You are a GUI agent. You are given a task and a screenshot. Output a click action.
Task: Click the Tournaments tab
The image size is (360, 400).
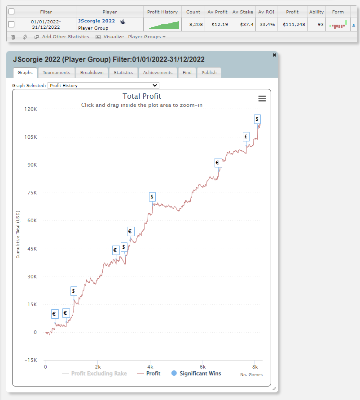(x=56, y=73)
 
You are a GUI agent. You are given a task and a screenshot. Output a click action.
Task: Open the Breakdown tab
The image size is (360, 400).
(x=92, y=73)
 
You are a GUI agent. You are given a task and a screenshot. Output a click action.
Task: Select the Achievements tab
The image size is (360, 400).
(x=158, y=73)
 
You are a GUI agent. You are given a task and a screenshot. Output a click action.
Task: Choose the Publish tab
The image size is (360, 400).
(x=209, y=73)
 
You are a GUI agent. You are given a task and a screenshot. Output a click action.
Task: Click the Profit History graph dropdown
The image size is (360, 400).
(x=103, y=85)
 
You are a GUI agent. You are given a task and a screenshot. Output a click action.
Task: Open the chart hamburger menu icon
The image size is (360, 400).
(x=262, y=99)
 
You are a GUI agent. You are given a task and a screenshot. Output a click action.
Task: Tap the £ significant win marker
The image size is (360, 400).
(x=246, y=137)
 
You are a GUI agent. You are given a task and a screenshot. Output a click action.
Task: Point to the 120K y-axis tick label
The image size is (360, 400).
(x=31, y=109)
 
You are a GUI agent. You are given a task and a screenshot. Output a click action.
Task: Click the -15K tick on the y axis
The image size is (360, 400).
(x=31, y=360)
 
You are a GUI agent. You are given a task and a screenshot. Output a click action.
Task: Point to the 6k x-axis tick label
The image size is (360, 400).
(x=202, y=367)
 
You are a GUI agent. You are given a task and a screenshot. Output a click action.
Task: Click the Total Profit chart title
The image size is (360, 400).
(x=142, y=96)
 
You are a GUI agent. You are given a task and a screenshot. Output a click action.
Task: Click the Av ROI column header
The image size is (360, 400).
(x=266, y=12)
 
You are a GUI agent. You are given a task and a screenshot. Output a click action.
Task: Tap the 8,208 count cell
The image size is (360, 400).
(x=193, y=24)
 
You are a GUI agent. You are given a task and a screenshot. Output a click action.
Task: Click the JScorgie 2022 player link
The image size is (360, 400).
(x=96, y=21)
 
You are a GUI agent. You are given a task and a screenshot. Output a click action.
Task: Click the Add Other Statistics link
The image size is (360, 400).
(x=66, y=37)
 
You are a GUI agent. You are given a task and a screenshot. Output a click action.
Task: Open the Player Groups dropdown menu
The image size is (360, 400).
(x=147, y=37)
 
